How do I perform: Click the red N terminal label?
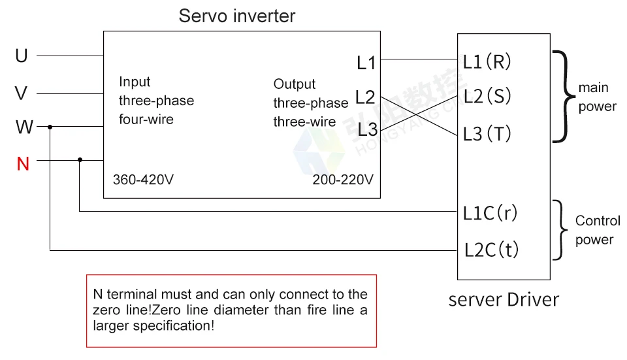pyautogui.click(x=23, y=163)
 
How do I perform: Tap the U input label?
pyautogui.click(x=22, y=57)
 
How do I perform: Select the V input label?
pyautogui.click(x=22, y=94)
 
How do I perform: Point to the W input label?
pyautogui.click(x=24, y=127)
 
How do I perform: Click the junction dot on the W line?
pyautogui.click(x=50, y=127)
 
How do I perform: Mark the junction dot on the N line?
pyautogui.click(x=80, y=159)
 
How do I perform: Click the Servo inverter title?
pyautogui.click(x=237, y=16)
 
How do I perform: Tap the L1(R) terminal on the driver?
pyautogui.click(x=487, y=62)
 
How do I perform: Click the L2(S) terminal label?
pyautogui.click(x=487, y=97)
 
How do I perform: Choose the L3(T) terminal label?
pyautogui.click(x=487, y=134)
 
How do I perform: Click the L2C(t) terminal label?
pyautogui.click(x=492, y=250)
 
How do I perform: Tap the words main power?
pyautogui.click(x=597, y=97)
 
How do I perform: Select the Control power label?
pyautogui.click(x=597, y=230)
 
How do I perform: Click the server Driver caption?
pyautogui.click(x=504, y=300)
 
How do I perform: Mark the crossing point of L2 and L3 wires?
pyautogui.click(x=418, y=116)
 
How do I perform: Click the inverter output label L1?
pyautogui.click(x=366, y=63)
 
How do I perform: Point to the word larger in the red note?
pyautogui.click(x=113, y=325)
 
